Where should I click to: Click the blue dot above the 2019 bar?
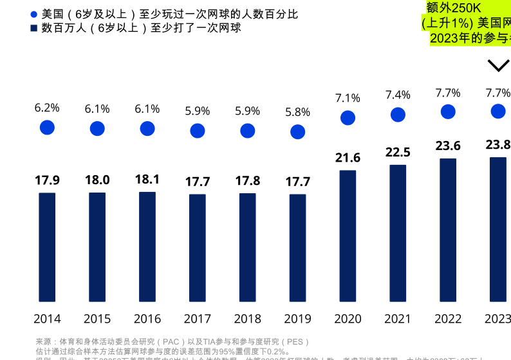coord(297,132)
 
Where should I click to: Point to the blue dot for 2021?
coord(398,115)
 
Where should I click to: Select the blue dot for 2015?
coord(97,129)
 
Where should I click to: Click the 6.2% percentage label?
coord(47,108)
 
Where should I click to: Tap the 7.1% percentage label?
coord(348,98)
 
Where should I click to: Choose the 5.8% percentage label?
coord(297,112)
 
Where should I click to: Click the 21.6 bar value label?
coord(348,158)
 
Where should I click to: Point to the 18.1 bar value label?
coord(147,180)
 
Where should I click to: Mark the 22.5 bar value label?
coord(398,152)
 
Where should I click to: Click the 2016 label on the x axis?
coord(147,319)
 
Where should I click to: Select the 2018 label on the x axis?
coord(248,319)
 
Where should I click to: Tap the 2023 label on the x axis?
coord(497,319)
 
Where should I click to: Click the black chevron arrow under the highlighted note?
coord(498,66)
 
